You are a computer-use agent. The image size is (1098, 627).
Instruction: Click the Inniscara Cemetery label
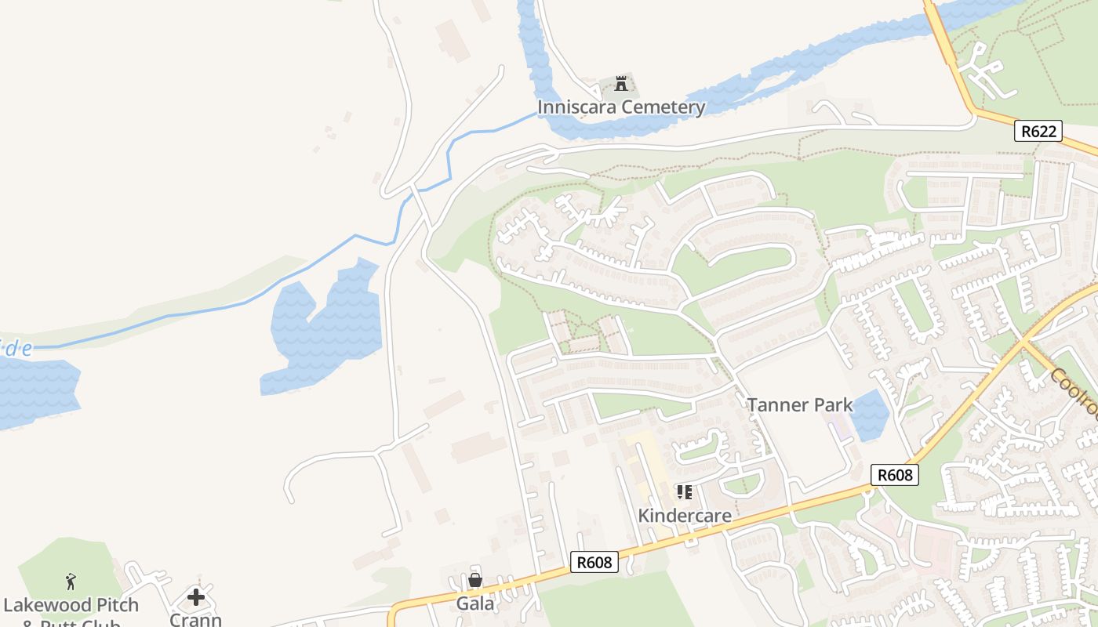pyautogui.click(x=621, y=107)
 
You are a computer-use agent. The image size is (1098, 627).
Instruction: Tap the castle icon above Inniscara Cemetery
pyautogui.click(x=622, y=83)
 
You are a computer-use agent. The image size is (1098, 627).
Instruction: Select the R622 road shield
pyautogui.click(x=1039, y=131)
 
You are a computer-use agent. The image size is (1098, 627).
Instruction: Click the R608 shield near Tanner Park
pyautogui.click(x=894, y=475)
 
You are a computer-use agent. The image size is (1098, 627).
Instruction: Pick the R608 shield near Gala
pyautogui.click(x=594, y=562)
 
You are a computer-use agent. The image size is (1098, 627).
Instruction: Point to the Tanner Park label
pyautogui.click(x=799, y=404)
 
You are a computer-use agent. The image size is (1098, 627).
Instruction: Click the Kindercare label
pyautogui.click(x=685, y=516)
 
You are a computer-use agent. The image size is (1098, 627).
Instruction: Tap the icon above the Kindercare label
pyautogui.click(x=685, y=492)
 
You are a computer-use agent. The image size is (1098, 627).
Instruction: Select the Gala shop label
pyautogui.click(x=475, y=603)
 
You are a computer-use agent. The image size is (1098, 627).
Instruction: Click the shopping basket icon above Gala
pyautogui.click(x=475, y=580)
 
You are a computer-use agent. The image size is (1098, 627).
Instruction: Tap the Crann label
pyautogui.click(x=195, y=618)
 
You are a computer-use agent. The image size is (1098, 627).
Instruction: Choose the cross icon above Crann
pyautogui.click(x=195, y=597)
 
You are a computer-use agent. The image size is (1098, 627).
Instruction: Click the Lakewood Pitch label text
pyautogui.click(x=71, y=605)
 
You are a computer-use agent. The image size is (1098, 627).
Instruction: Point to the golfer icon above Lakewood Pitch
pyautogui.click(x=71, y=582)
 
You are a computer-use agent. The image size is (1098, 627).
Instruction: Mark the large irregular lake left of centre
pyautogui.click(x=325, y=329)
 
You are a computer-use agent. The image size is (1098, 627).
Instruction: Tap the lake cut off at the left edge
pyautogui.click(x=35, y=392)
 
